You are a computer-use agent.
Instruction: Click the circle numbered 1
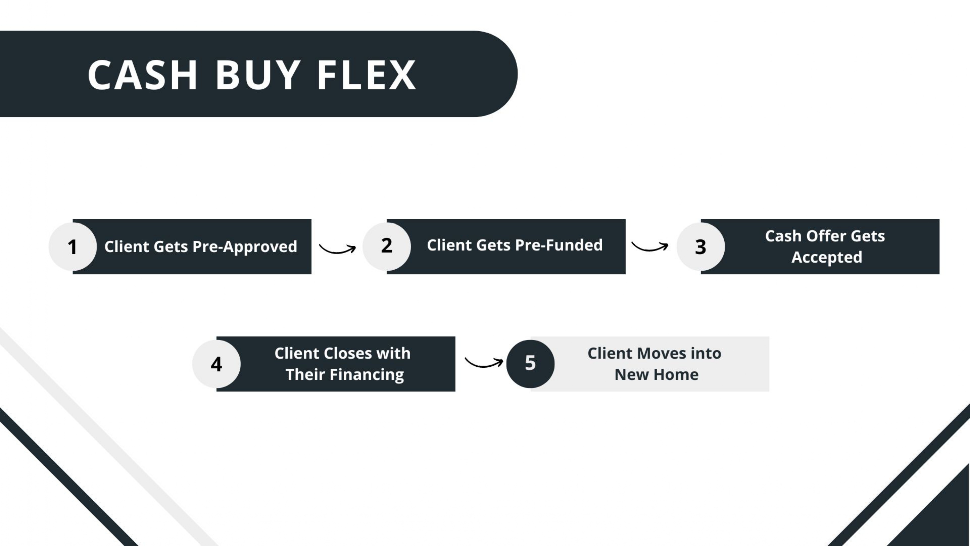pyautogui.click(x=72, y=247)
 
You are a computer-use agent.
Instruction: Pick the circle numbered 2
pyautogui.click(x=386, y=246)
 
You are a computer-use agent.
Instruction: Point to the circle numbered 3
pyautogui.click(x=700, y=247)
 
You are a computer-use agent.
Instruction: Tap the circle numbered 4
pyautogui.click(x=216, y=364)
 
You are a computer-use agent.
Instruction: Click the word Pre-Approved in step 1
pyautogui.click(x=245, y=247)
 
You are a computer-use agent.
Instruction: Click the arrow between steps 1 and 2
pyautogui.click(x=337, y=249)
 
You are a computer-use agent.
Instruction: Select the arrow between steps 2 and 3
pyautogui.click(x=650, y=247)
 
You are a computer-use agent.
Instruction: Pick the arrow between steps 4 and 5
pyautogui.click(x=484, y=363)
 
